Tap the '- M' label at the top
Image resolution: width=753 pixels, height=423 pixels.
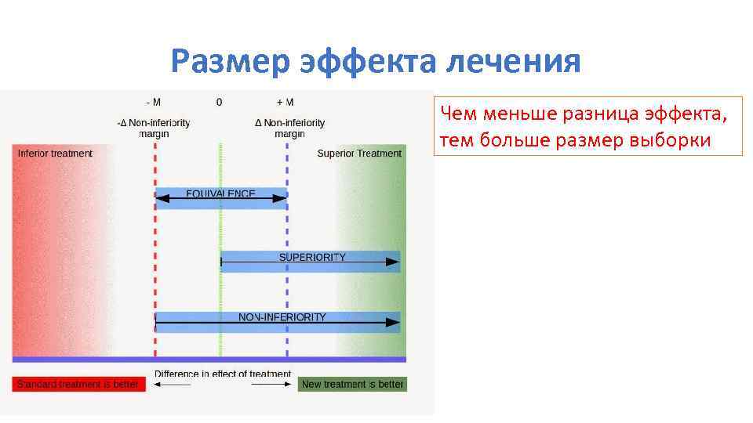click(154, 103)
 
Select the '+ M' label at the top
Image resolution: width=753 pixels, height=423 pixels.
click(286, 103)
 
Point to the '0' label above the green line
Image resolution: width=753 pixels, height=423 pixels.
click(219, 103)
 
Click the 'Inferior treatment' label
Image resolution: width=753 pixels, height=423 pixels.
click(55, 154)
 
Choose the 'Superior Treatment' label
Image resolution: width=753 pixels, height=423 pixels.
click(359, 154)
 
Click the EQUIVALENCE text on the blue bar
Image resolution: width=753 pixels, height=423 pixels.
click(220, 193)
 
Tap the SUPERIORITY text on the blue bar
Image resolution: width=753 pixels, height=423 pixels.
click(312, 257)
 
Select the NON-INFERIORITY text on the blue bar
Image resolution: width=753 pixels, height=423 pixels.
click(282, 317)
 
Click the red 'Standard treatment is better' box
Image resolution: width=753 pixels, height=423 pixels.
click(78, 385)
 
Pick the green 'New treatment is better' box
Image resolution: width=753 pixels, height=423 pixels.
click(352, 385)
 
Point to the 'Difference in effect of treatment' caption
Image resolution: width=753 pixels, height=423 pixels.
click(223, 374)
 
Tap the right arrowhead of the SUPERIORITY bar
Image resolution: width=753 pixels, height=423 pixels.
click(393, 262)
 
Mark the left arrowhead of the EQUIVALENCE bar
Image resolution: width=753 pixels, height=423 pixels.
click(162, 199)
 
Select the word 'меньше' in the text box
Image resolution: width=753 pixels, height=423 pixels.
click(509, 114)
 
